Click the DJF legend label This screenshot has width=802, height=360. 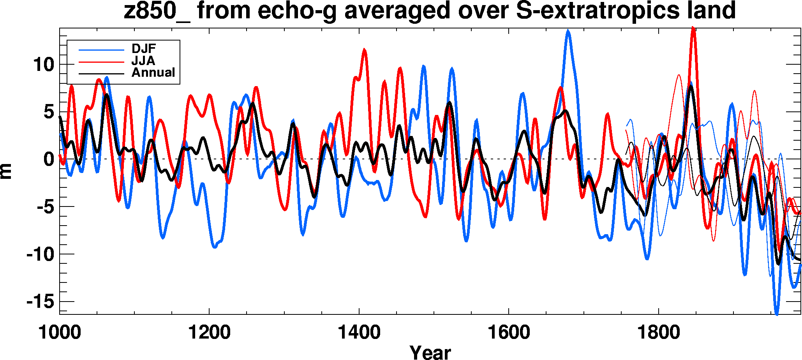coord(143,49)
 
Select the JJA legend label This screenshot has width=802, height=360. coord(143,61)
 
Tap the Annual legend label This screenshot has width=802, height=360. coord(153,73)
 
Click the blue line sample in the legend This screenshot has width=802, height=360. coord(101,50)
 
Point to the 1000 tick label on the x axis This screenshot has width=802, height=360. coord(60,332)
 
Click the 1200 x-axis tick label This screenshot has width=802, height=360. coord(209,332)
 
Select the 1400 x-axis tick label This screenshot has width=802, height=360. coord(359,332)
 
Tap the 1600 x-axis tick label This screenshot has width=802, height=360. coord(509,332)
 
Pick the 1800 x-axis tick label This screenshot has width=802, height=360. coord(659,332)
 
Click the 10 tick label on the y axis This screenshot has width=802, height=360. coord(43,65)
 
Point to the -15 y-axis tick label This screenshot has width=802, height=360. coord(40,302)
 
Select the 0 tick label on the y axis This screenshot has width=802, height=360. coord(48,159)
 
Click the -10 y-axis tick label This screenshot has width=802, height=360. coord(40,254)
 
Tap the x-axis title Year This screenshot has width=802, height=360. coord(430,352)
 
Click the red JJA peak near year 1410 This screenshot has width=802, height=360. coord(365,49)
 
